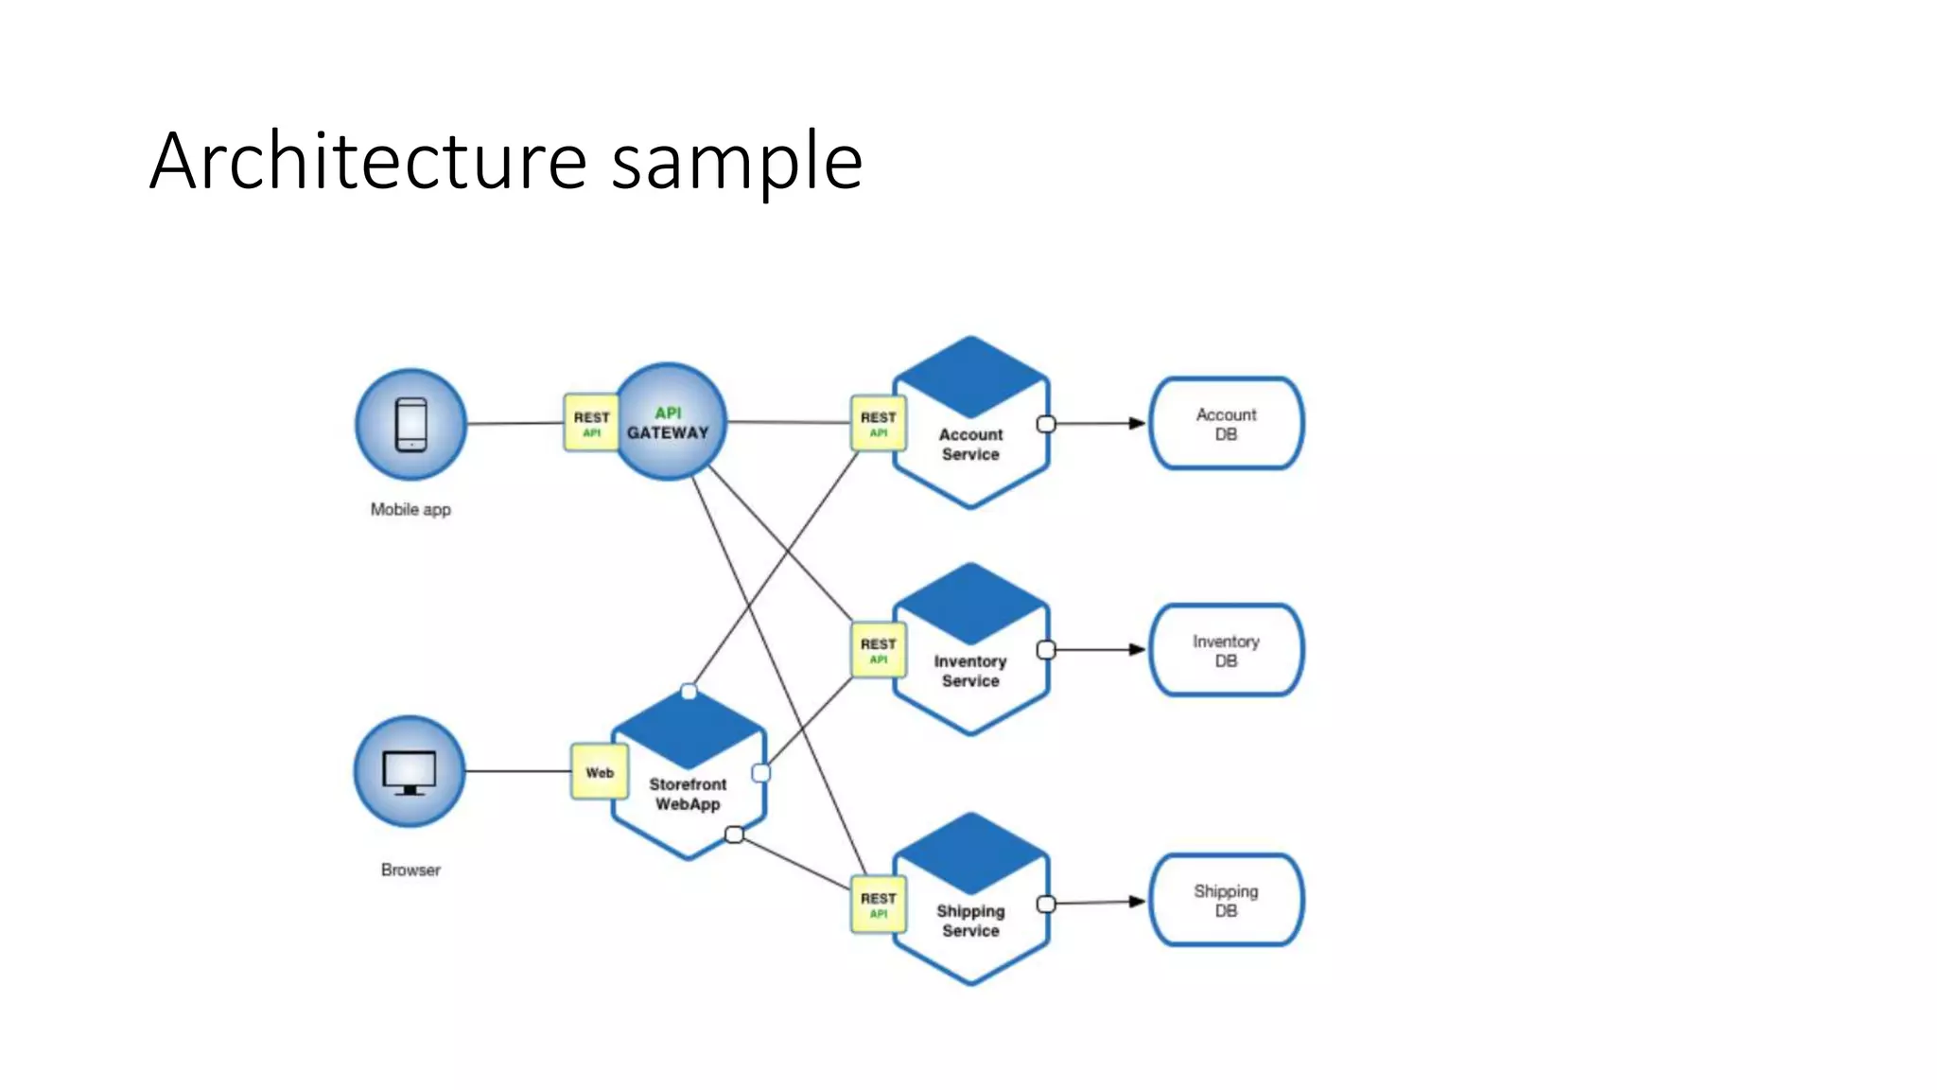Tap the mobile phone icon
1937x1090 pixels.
coord(410,425)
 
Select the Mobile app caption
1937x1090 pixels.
coord(410,509)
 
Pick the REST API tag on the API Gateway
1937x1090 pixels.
coord(591,423)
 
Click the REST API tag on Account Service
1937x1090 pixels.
coord(878,423)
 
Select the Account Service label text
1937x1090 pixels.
coord(970,444)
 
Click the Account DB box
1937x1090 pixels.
coord(1226,424)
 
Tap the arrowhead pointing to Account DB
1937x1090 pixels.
coord(1137,423)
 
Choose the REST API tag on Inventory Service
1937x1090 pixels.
coord(878,650)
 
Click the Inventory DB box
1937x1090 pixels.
coord(1226,650)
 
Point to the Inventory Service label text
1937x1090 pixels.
coord(970,671)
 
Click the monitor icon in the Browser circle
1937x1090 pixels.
coord(410,772)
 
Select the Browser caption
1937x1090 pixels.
coord(410,870)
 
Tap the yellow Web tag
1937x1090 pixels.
coord(600,772)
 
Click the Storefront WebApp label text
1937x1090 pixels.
coord(688,794)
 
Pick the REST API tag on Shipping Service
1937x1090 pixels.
coord(878,905)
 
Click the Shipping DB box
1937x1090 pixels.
coord(1226,900)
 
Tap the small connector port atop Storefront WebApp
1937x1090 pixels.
coord(689,692)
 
